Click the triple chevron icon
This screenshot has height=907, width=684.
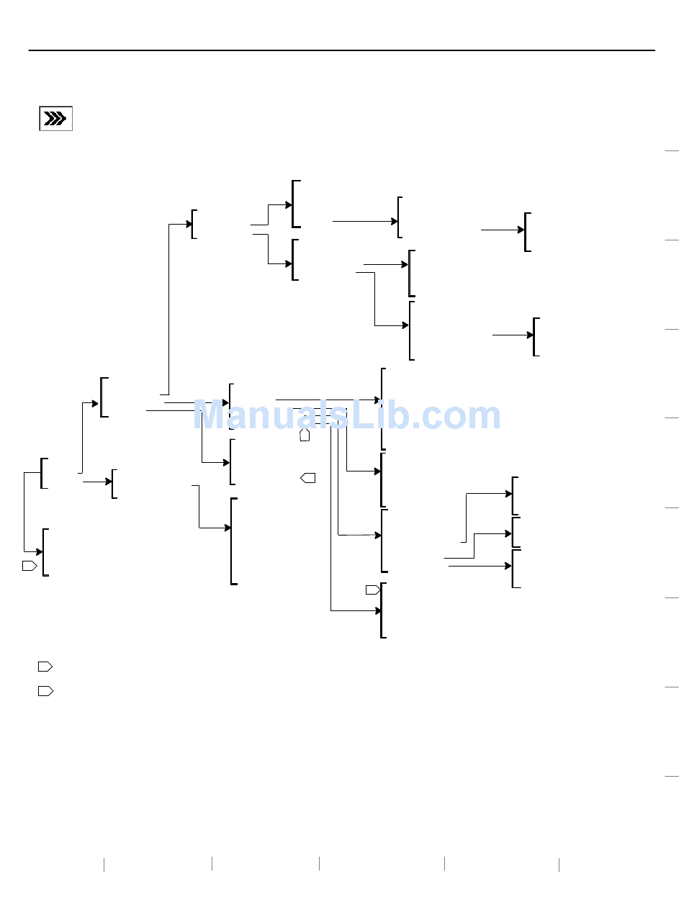pos(55,119)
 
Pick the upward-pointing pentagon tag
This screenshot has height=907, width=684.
pos(305,435)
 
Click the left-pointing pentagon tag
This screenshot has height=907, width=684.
pos(307,477)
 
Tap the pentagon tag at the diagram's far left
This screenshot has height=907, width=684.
pos(29,566)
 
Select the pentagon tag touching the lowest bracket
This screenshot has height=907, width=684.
pos(372,590)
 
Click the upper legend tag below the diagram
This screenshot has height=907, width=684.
pos(45,667)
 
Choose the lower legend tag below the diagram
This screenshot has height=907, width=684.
pos(45,691)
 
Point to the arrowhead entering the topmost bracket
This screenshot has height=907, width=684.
pos(289,205)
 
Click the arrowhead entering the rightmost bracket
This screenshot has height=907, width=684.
pos(531,335)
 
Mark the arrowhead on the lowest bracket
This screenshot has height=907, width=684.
pos(378,611)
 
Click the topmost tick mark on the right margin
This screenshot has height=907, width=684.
pos(672,150)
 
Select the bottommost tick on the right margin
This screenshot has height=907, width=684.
pos(672,777)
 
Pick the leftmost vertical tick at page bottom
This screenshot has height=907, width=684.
pos(104,864)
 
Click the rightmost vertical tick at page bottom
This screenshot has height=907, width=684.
pos(559,864)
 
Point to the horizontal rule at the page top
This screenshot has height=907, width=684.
pos(342,50)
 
